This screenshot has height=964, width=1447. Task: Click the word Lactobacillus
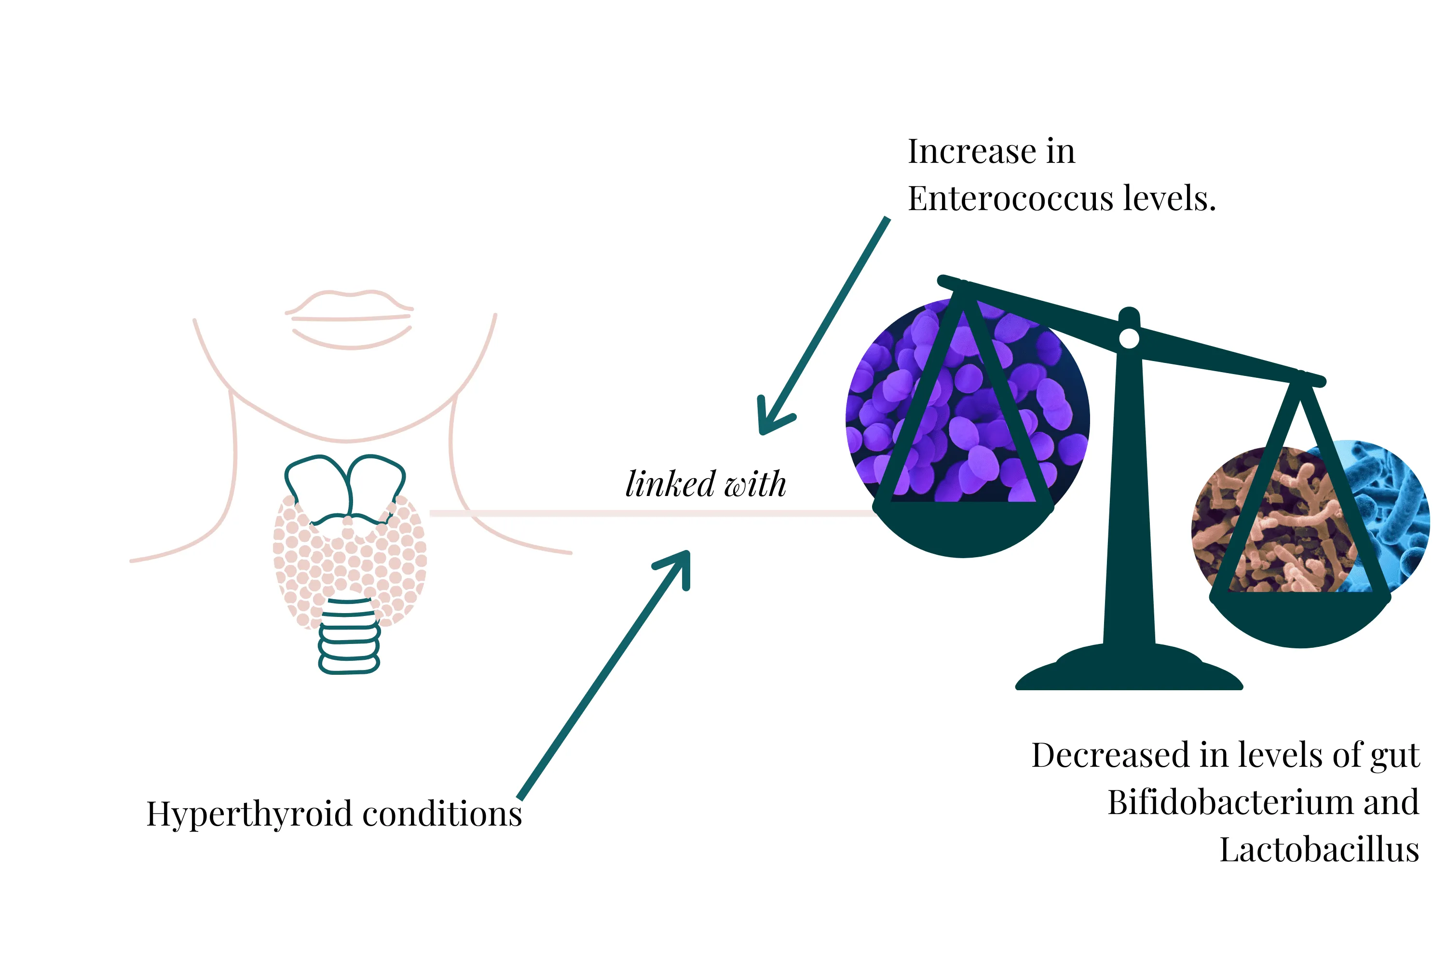click(x=1319, y=850)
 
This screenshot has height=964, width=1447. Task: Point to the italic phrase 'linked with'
click(x=706, y=484)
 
